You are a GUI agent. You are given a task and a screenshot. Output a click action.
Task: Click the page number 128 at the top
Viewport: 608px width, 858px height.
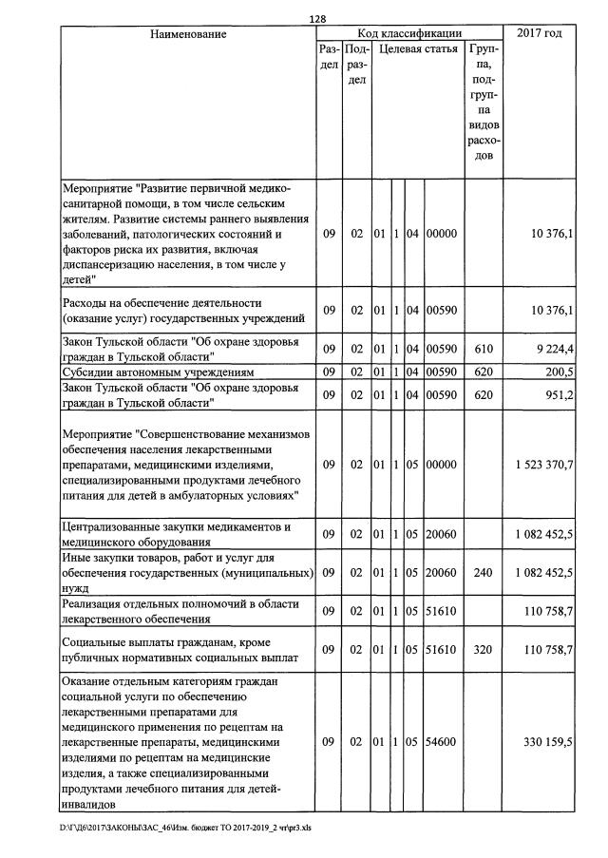[317, 18]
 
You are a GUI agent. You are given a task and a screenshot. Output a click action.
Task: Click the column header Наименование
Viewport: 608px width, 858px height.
[188, 34]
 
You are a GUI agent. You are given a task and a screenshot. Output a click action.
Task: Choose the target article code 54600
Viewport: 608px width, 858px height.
[442, 739]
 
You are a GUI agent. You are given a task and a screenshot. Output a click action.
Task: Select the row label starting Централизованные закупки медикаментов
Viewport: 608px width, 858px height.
[176, 535]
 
